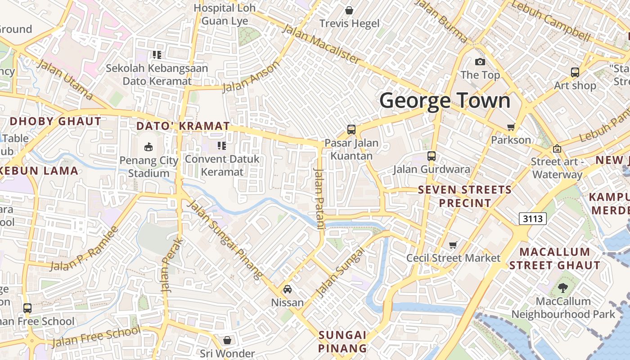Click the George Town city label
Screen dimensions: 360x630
click(445, 101)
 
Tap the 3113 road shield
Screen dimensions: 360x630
click(532, 219)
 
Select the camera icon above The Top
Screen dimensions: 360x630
click(480, 62)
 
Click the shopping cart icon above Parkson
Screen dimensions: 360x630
click(511, 127)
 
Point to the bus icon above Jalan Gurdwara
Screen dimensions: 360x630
click(432, 156)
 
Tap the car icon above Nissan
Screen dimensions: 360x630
click(288, 289)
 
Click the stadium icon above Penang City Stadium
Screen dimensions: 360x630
click(148, 146)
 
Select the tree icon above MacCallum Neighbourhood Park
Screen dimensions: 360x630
click(562, 288)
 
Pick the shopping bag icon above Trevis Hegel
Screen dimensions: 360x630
click(349, 10)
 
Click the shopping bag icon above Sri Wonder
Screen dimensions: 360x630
click(227, 340)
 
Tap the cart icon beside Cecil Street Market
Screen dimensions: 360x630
click(453, 245)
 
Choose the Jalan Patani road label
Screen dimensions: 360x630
click(319, 198)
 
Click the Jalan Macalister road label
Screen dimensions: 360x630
click(321, 44)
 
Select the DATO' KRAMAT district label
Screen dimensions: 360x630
click(183, 126)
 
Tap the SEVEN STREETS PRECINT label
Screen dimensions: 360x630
click(465, 196)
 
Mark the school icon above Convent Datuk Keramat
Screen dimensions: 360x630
click(221, 145)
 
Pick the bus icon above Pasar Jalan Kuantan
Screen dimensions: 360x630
click(351, 130)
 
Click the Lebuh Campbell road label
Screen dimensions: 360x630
click(551, 21)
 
